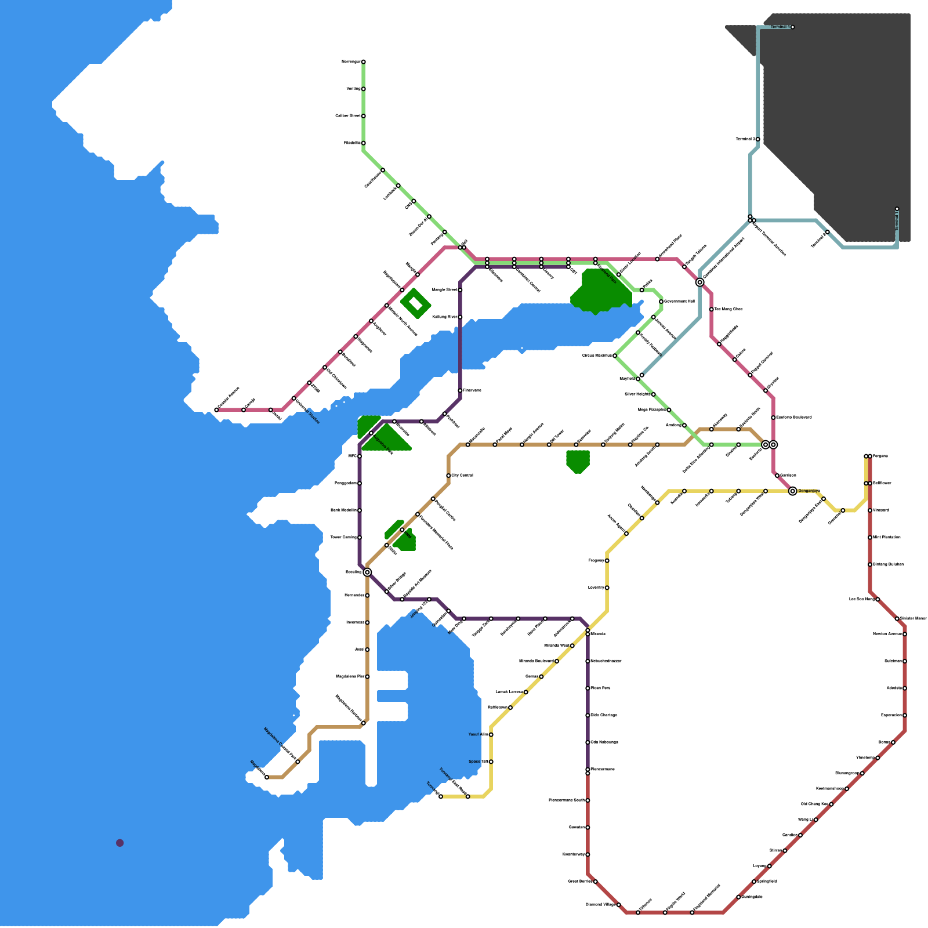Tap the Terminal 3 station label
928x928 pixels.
(746, 139)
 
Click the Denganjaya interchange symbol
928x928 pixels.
(792, 491)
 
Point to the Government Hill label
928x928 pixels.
(679, 302)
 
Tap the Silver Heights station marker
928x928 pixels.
(653, 394)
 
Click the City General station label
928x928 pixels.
(462, 476)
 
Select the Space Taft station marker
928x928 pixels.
(491, 762)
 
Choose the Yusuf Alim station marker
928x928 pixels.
(491, 735)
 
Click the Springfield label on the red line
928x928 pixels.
(767, 881)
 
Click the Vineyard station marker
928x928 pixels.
(870, 510)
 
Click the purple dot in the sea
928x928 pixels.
(119, 843)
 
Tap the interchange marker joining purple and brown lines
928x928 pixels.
(367, 572)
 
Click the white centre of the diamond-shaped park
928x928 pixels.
(415, 303)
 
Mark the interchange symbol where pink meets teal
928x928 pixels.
(700, 282)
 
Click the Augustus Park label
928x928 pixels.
(383, 444)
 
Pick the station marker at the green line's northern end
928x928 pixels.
(363, 61)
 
